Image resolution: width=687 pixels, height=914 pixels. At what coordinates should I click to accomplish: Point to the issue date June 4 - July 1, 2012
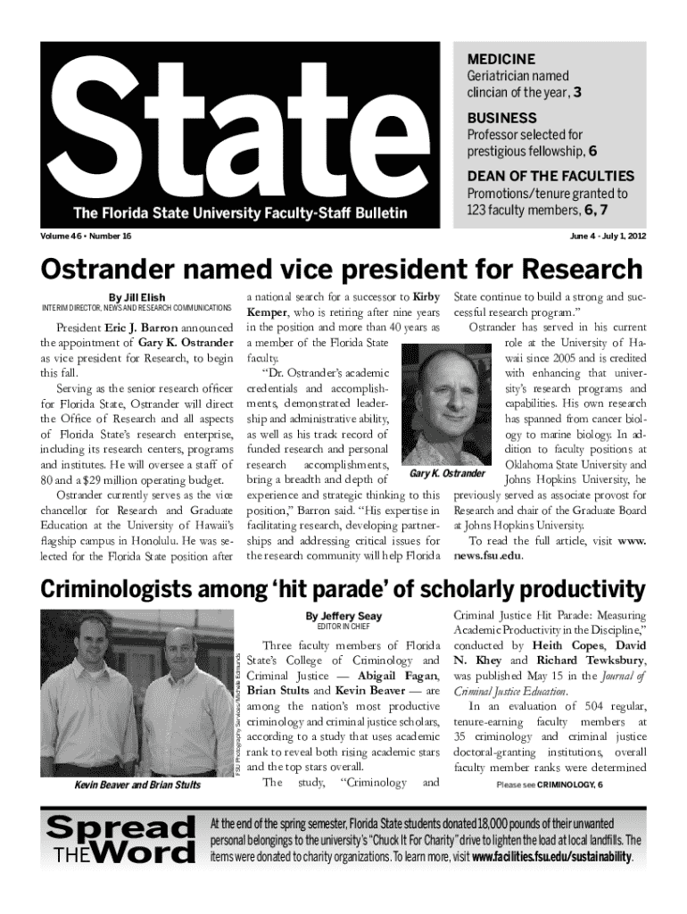pos(608,236)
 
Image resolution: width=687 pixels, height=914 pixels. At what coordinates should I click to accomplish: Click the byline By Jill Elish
pos(137,297)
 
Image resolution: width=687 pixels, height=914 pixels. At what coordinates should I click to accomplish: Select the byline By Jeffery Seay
pos(343,616)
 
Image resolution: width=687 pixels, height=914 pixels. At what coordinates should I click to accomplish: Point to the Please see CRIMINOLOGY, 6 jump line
pos(549,785)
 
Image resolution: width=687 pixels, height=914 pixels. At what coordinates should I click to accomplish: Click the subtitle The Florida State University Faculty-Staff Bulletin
pos(240,213)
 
